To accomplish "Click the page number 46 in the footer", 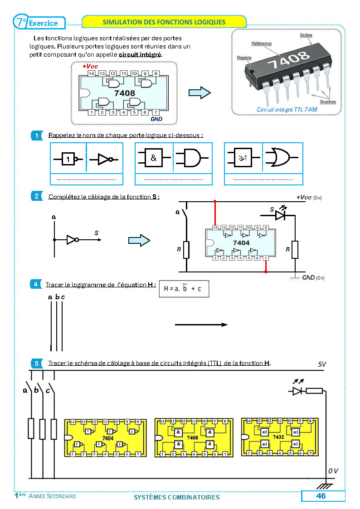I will [321, 496].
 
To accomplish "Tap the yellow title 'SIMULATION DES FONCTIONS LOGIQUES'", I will [164, 22].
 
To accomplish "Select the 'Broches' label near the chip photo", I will [328, 102].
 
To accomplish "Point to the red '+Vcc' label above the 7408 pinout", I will [90, 66].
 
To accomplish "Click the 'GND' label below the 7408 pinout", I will [156, 119].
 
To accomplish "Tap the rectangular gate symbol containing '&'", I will [154, 158].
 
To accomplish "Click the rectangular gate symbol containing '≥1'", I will [243, 158].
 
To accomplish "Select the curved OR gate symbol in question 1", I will [277, 158].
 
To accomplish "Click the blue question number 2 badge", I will [35, 196].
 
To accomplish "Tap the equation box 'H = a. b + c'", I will [184, 288].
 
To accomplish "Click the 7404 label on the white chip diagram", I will [241, 243].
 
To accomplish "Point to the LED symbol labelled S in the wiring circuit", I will [280, 215].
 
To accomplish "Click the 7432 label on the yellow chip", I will [279, 438].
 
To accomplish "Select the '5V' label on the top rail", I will [322, 364].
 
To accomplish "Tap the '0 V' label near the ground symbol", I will [333, 471].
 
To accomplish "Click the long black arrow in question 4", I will [201, 325].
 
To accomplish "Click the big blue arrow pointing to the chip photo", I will [199, 93].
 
